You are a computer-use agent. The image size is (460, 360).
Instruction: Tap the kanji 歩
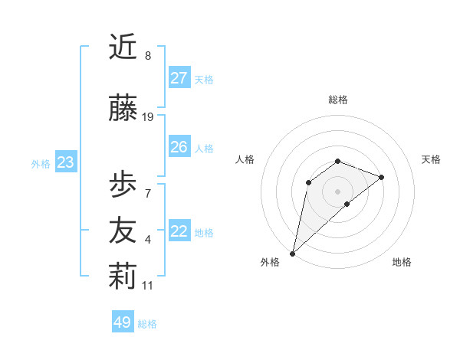pyautogui.click(x=123, y=185)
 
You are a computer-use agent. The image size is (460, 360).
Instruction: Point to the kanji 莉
pyautogui.click(x=123, y=277)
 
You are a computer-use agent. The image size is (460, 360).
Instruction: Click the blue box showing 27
pyautogui.click(x=179, y=78)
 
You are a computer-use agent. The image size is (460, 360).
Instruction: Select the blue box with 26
pyautogui.click(x=179, y=147)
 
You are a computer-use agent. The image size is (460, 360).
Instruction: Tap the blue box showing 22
pyautogui.click(x=179, y=231)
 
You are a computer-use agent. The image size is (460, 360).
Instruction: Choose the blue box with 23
pyautogui.click(x=65, y=162)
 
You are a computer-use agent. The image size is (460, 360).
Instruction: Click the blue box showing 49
pyautogui.click(x=123, y=322)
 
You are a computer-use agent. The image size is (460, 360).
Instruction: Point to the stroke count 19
pyautogui.click(x=148, y=117)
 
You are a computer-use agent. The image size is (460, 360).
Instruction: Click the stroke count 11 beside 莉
pyautogui.click(x=148, y=286)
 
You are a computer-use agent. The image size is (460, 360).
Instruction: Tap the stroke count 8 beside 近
pyautogui.click(x=148, y=56)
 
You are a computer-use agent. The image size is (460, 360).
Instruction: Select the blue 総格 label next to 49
pyautogui.click(x=147, y=324)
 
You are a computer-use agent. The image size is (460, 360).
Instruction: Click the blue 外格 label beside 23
pyautogui.click(x=41, y=163)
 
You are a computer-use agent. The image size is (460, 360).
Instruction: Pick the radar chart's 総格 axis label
pyautogui.click(x=337, y=100)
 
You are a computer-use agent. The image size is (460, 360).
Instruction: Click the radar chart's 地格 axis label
pyautogui.click(x=402, y=262)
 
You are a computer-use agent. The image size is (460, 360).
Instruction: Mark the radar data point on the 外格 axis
pyautogui.click(x=292, y=253)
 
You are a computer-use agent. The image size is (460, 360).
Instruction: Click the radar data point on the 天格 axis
pyautogui.click(x=381, y=177)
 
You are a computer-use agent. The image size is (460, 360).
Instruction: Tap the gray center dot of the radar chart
pyautogui.click(x=337, y=191)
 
